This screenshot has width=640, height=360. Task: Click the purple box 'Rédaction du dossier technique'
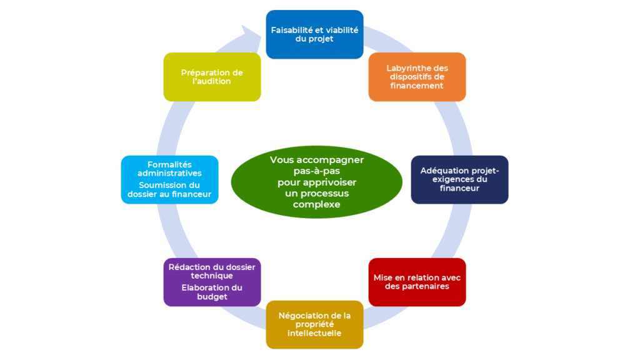(212, 281)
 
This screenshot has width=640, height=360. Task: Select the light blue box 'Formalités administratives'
(169, 179)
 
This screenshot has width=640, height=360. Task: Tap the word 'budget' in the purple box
(212, 297)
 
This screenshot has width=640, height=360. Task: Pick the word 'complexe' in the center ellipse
(317, 204)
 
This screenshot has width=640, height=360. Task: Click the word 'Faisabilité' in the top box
(292, 30)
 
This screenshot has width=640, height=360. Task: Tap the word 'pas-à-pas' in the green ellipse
(316, 171)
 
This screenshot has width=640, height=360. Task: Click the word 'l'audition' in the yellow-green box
(212, 81)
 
